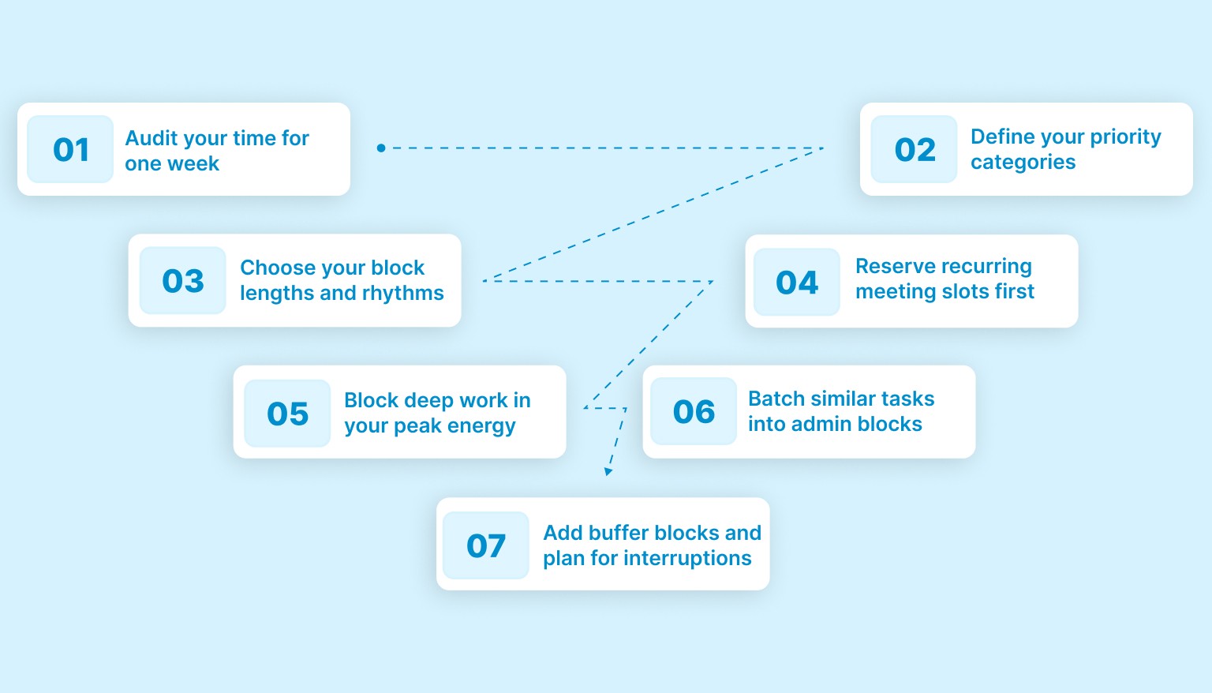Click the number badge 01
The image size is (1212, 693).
click(x=70, y=149)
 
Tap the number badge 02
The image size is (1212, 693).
click(x=914, y=149)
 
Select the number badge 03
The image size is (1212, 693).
click(x=182, y=281)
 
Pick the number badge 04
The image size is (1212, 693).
click(x=797, y=282)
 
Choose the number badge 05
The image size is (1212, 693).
click(x=287, y=414)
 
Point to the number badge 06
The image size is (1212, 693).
click(x=694, y=411)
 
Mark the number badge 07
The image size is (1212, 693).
click(x=485, y=545)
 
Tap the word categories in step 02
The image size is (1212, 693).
click(x=1023, y=163)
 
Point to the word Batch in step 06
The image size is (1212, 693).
click(x=776, y=399)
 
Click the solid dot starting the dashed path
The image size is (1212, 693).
click(x=381, y=148)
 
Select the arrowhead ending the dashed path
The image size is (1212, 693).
click(x=608, y=471)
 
